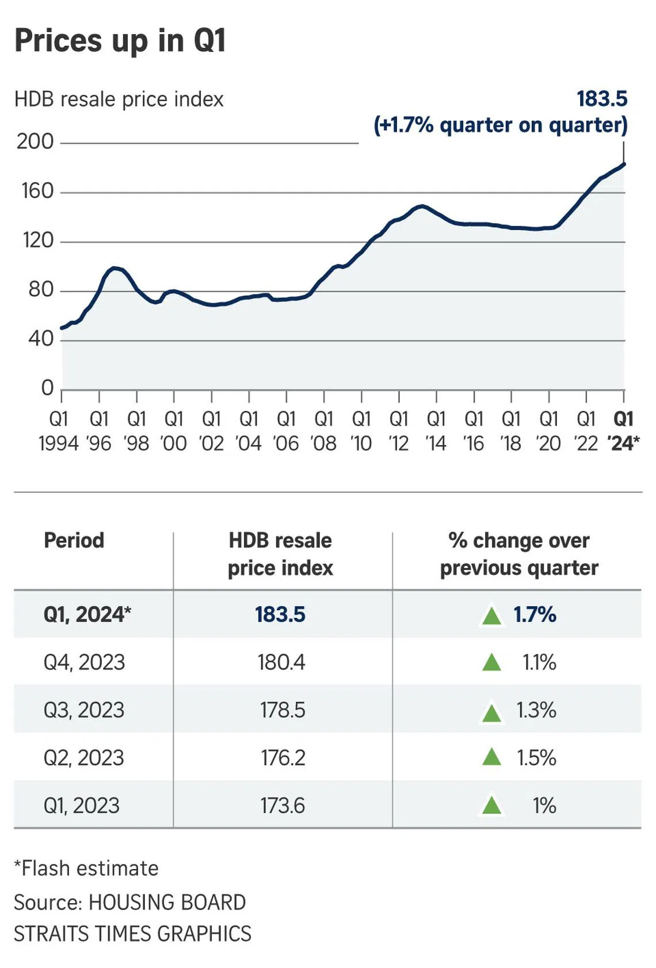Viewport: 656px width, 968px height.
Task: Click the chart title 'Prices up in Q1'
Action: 120,41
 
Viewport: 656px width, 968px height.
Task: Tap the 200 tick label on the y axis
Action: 35,141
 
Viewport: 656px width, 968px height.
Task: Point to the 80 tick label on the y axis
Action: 40,289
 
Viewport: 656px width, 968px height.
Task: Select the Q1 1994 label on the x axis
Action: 59,431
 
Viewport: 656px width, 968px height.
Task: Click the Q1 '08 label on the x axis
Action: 323,431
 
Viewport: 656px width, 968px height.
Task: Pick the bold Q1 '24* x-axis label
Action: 623,431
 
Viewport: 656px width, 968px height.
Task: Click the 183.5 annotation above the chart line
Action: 602,99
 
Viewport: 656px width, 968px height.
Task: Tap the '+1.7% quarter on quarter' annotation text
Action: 501,125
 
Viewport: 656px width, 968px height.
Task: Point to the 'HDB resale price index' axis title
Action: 119,100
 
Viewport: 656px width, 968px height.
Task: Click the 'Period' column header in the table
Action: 74,541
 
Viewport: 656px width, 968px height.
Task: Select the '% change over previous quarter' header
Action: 519,554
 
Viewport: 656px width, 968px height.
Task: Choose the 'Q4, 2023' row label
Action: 84,662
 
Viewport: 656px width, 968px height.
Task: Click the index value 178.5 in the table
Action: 282,710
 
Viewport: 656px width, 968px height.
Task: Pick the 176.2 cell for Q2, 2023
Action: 283,757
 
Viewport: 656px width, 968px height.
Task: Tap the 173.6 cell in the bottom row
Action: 282,805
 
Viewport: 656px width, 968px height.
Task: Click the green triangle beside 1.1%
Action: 491,663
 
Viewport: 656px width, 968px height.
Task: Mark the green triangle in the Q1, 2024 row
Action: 491,615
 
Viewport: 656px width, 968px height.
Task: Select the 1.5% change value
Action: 536,757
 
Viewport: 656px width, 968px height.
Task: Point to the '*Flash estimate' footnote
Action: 86,868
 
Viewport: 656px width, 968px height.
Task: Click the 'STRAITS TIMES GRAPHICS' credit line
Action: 132,933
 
